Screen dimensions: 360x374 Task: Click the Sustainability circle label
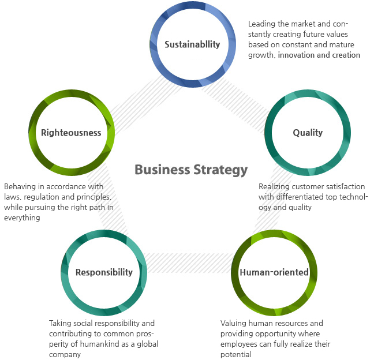click(x=192, y=44)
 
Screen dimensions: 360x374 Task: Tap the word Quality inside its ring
click(x=308, y=133)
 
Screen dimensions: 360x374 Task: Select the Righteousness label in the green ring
click(x=71, y=133)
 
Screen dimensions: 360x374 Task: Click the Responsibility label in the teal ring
click(x=104, y=272)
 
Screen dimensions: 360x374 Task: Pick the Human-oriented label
click(x=274, y=272)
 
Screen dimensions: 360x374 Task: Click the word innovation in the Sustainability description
click(x=298, y=55)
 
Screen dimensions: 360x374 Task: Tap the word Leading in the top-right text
click(x=261, y=24)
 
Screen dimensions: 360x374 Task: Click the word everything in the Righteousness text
click(x=22, y=218)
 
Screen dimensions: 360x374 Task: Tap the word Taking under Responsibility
click(x=60, y=324)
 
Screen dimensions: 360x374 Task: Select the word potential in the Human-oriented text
click(x=236, y=355)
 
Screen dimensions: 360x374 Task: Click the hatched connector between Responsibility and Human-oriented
click(x=189, y=263)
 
